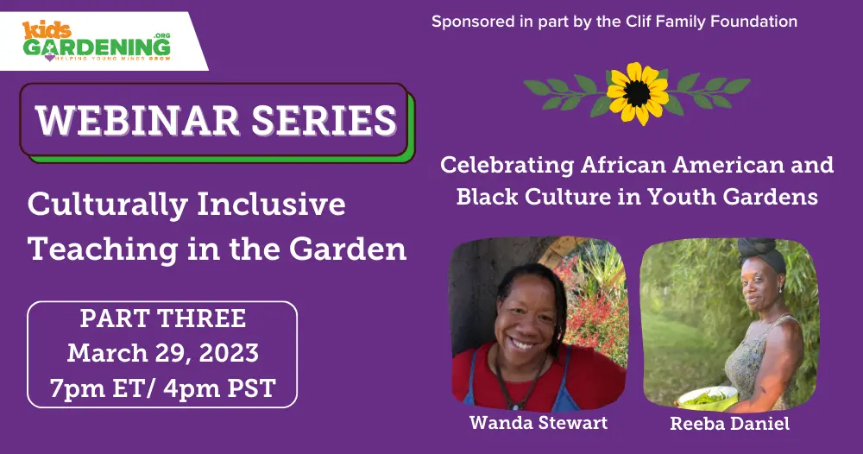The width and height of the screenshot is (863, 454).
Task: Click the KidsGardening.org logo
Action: [97, 41]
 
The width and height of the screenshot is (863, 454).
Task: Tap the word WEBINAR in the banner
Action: [137, 120]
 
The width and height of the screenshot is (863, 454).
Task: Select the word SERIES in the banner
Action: [324, 120]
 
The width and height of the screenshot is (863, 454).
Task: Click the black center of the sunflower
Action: [638, 93]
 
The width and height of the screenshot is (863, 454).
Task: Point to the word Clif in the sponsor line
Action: [639, 22]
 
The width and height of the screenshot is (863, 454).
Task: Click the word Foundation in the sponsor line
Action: [754, 22]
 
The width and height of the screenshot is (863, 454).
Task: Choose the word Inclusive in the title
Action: [271, 205]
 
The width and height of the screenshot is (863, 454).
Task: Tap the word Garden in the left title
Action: [348, 249]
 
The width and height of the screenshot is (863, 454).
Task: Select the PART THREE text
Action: [163, 318]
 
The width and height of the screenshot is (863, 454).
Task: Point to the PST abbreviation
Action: [251, 388]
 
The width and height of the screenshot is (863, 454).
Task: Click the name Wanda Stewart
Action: [539, 423]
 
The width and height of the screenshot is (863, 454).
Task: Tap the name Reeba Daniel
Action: [730, 423]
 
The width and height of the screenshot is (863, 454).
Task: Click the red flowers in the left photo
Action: [595, 313]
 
